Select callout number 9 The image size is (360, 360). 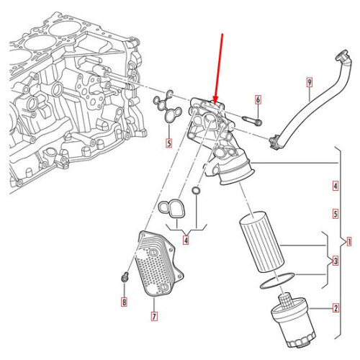[x=309, y=82]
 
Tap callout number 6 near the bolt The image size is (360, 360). [x=258, y=99]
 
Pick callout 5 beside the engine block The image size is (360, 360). [x=168, y=143]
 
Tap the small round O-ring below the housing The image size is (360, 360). [x=196, y=191]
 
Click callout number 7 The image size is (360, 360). [x=153, y=315]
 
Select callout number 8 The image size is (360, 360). [x=123, y=302]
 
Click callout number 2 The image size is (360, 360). [x=336, y=309]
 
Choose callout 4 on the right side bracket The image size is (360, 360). [x=336, y=186]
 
